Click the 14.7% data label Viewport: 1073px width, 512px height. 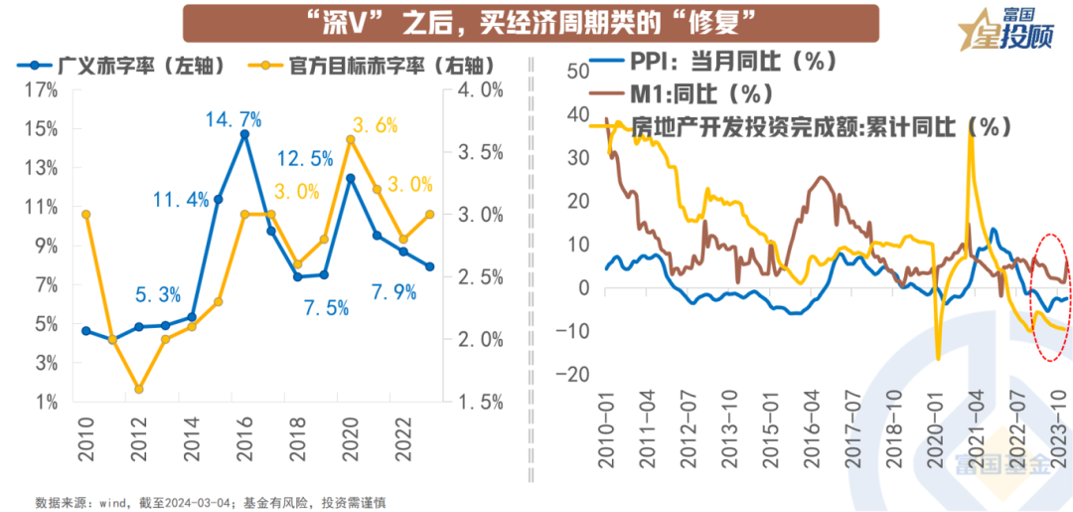click(233, 120)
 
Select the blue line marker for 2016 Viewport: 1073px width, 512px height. click(244, 134)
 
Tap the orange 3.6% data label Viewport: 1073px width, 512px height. click(374, 125)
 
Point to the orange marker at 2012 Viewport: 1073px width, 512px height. click(139, 389)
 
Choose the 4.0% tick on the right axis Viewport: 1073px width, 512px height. click(481, 90)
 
